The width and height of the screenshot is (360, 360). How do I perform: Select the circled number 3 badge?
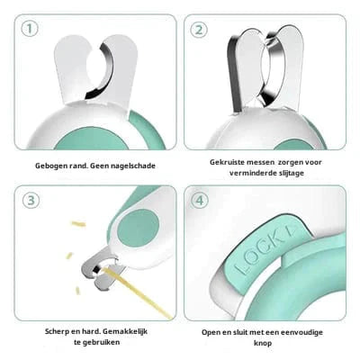tap(31, 200)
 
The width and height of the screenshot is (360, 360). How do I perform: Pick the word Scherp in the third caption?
tap(53, 332)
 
